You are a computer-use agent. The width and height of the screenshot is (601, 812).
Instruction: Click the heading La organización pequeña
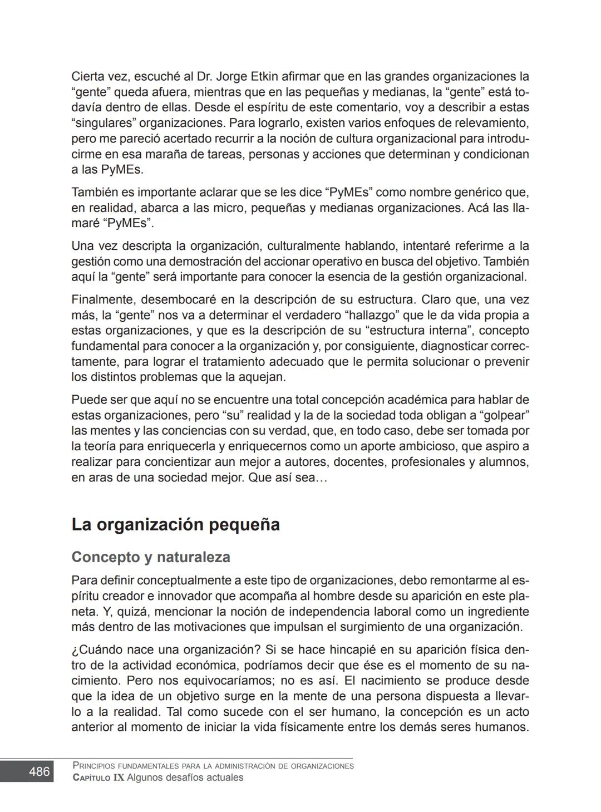[x=175, y=525]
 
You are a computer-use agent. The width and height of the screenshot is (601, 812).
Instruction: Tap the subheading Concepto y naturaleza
[x=150, y=557]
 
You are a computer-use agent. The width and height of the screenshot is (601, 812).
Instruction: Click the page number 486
[x=39, y=772]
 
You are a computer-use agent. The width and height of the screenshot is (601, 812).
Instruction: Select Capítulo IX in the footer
[x=98, y=778]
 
